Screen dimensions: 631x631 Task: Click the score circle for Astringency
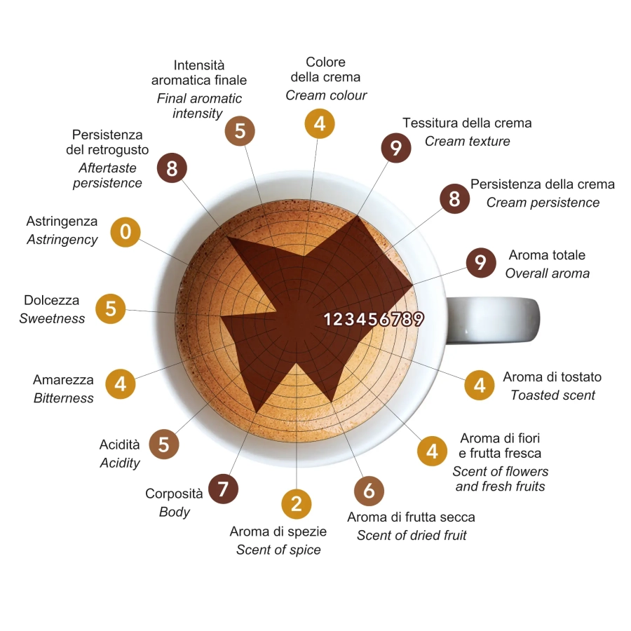(125, 232)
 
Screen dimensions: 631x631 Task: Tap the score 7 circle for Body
(224, 489)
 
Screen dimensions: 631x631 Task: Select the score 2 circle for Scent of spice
(296, 504)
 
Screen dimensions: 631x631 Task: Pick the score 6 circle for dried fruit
(369, 491)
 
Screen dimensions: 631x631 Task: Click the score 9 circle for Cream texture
(396, 148)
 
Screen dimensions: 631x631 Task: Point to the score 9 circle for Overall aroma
(481, 262)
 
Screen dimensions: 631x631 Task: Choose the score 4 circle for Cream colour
(320, 123)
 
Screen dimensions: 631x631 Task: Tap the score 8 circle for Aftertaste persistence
(172, 168)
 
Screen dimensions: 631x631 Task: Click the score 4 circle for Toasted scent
(480, 385)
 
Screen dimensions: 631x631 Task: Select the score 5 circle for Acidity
(164, 445)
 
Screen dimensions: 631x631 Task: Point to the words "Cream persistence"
(543, 203)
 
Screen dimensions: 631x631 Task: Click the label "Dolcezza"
(51, 300)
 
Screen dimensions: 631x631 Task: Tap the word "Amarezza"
(63, 379)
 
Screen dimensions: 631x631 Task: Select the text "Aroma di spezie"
(278, 531)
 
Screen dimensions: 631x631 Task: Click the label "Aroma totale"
(547, 255)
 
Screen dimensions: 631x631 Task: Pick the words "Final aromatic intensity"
(199, 105)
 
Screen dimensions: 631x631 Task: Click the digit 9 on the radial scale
(418, 319)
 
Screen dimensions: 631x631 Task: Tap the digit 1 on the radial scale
(328, 319)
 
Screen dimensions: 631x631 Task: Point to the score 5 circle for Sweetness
(110, 308)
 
